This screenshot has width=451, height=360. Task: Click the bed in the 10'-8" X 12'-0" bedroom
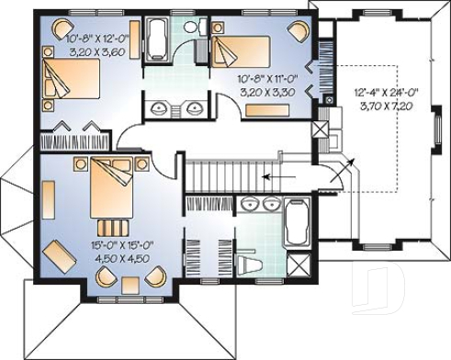67,78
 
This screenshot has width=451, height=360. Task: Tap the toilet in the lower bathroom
251,264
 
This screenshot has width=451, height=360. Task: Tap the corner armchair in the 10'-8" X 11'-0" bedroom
299,29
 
